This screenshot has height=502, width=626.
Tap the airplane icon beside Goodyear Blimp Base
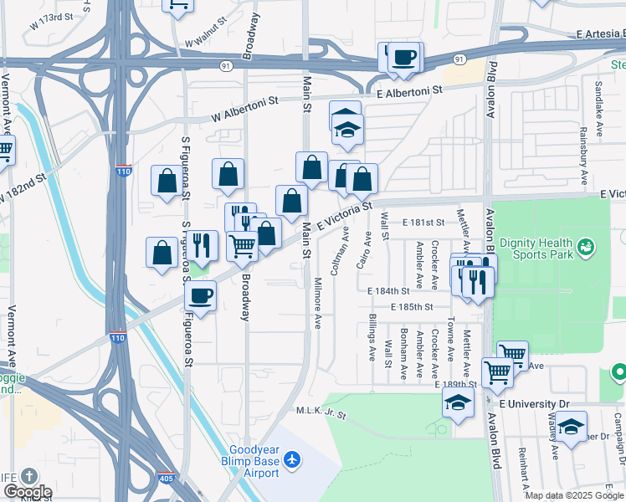coord(291,459)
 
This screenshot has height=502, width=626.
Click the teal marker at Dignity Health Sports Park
coord(587,246)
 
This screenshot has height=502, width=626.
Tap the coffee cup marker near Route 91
coord(405,57)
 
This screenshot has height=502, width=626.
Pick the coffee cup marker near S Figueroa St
coord(201,295)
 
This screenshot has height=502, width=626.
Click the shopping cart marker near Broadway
coord(242,246)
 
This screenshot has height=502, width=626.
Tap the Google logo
coord(28,492)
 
